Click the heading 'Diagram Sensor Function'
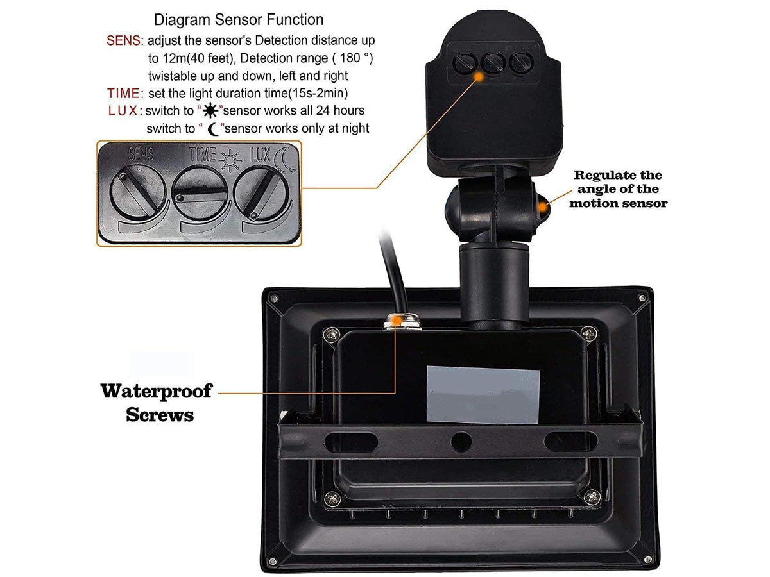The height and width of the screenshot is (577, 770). [x=239, y=20]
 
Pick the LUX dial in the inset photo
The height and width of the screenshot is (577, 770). [x=260, y=192]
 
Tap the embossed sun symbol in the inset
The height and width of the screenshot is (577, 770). [x=230, y=157]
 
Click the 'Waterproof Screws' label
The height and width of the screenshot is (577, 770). [x=156, y=402]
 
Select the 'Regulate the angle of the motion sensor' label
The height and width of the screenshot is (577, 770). [x=619, y=188]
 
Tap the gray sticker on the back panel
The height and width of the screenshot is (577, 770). [x=483, y=395]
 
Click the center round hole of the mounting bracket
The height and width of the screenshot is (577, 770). [x=460, y=440]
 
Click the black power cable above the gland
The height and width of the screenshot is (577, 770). [x=388, y=269]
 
